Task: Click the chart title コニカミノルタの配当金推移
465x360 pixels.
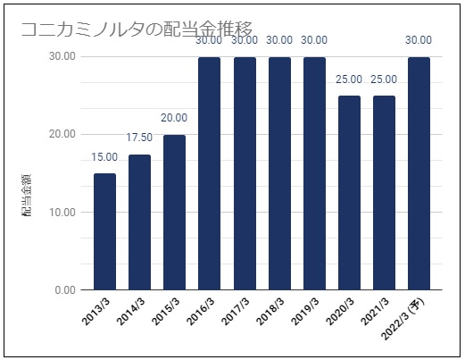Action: tap(137, 29)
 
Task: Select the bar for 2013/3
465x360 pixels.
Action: tap(104, 231)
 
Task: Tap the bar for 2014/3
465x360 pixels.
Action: tap(139, 222)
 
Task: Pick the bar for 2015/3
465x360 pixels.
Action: tap(174, 213)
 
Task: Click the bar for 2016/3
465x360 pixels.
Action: tap(210, 173)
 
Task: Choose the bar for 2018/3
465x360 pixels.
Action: tap(279, 173)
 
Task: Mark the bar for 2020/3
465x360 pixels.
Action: tap(349, 193)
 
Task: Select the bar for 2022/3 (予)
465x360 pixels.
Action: tap(419, 173)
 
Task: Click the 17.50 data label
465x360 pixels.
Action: tap(139, 138)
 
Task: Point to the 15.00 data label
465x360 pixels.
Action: tap(104, 157)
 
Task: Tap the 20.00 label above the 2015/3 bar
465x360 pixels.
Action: tap(174, 118)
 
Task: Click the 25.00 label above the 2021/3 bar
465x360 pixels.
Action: tap(384, 80)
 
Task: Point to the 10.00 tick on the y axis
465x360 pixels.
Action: tap(62, 213)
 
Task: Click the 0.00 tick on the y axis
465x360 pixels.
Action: tap(65, 290)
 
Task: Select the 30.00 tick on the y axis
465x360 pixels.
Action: tap(62, 56)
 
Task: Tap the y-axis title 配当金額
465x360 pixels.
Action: tap(26, 195)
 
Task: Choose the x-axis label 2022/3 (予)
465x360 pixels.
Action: tap(403, 319)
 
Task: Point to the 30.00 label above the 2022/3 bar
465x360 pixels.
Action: tap(419, 40)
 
